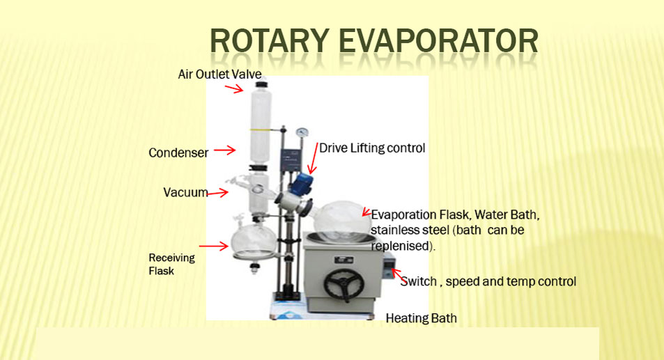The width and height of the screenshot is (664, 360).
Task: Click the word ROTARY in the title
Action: [270, 41]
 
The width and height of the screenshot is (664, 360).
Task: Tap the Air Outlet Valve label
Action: [219, 74]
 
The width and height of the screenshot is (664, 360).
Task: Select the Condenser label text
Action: [178, 152]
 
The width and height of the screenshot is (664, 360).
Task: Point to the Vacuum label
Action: [185, 192]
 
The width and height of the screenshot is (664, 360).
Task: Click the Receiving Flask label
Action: [171, 264]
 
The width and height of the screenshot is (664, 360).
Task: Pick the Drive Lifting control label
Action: [372, 148]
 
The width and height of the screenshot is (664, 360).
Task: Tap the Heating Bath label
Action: [421, 318]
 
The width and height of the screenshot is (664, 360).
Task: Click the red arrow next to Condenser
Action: [224, 150]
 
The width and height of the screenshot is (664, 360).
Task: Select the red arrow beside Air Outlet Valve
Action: [234, 89]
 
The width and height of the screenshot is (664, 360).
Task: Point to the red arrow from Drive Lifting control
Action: [314, 159]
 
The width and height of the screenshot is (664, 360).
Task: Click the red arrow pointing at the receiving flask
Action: [213, 246]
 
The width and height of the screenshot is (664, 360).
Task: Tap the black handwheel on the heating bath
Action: [344, 285]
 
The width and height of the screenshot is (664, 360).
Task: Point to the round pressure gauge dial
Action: [302, 132]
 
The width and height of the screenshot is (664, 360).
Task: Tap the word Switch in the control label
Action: [418, 281]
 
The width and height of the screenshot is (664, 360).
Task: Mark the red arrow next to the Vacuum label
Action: [217, 194]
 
